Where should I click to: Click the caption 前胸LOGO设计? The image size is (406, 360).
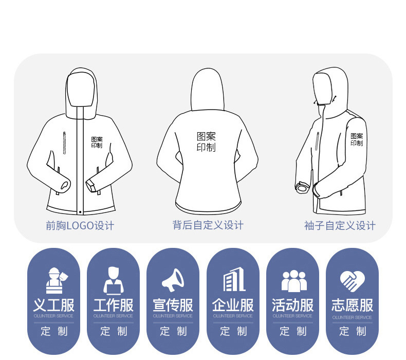point(80,226)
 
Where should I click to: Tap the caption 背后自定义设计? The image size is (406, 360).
point(208,225)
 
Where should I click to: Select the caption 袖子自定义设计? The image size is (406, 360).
point(340,226)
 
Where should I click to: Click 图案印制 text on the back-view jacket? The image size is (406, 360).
point(206,142)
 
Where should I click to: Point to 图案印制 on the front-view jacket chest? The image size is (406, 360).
point(97,142)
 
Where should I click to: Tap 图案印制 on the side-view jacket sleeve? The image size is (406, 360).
point(357,139)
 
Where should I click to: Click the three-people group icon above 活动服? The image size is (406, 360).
point(293,281)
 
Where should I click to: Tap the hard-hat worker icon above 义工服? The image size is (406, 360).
point(54,281)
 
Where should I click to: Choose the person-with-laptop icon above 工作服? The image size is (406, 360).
point(114,281)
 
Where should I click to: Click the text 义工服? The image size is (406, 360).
point(54,305)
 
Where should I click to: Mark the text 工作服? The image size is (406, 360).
point(114,305)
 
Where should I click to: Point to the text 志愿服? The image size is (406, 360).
point(353,305)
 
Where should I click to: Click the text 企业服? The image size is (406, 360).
point(233,305)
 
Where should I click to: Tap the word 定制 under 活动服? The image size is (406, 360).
point(293,332)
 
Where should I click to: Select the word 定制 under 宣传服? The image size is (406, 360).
point(173,332)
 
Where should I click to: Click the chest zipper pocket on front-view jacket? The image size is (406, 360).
point(64,143)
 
